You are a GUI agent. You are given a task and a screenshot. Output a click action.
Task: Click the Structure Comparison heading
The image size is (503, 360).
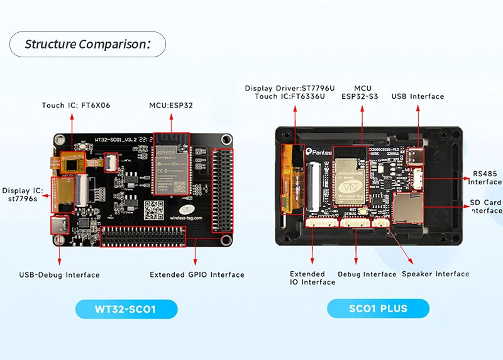click(x=87, y=44)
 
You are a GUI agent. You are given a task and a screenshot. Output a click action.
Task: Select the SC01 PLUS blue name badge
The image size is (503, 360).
click(x=378, y=308)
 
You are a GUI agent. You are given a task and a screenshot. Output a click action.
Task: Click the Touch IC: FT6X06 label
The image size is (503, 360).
click(x=76, y=105)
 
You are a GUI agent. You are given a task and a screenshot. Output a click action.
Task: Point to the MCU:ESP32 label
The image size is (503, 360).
click(x=171, y=105)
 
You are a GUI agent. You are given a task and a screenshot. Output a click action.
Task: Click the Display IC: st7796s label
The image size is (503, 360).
click(x=22, y=194)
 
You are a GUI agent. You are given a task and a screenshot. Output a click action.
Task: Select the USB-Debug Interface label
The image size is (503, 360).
click(x=59, y=274)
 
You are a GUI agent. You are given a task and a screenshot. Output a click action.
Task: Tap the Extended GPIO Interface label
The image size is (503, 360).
click(x=197, y=274)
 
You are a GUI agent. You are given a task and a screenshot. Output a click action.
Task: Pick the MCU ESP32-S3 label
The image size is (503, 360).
click(x=362, y=93)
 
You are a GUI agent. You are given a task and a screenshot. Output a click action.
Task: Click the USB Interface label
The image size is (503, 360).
click(x=417, y=96)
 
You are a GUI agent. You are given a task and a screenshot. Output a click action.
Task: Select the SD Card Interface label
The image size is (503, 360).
click(x=485, y=206)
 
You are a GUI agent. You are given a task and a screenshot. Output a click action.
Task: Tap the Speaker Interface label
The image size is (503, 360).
click(x=435, y=274)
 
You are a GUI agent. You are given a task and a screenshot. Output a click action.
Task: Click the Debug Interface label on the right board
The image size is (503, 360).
click(x=367, y=274)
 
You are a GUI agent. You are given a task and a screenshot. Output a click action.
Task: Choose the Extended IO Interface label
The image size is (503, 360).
click(x=312, y=278)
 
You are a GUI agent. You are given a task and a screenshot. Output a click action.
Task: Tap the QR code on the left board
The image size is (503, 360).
click(x=153, y=210)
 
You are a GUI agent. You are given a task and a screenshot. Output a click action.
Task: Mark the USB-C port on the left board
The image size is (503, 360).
click(x=61, y=225)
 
